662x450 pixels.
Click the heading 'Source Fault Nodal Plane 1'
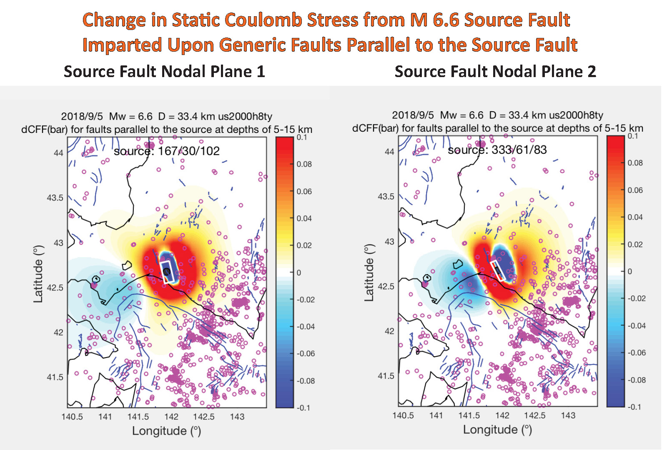(x=164, y=72)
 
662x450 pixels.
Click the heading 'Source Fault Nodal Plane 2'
(x=495, y=72)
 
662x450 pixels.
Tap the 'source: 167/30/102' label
(x=167, y=151)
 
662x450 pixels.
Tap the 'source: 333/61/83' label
(x=497, y=150)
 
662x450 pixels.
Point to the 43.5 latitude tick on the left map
(x=55, y=198)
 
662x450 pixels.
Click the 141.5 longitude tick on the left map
(x=138, y=417)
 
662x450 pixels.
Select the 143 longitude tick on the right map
(x=568, y=415)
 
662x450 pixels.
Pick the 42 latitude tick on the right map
(x=389, y=331)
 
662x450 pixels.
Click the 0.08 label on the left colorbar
(x=304, y=164)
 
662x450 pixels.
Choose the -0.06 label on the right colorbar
(x=637, y=353)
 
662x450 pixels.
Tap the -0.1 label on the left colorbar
(x=303, y=408)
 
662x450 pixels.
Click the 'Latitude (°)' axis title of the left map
(x=38, y=274)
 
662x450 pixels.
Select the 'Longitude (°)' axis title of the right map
(x=497, y=430)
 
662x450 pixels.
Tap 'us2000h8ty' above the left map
(x=245, y=116)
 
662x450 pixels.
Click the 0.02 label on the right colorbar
(x=635, y=245)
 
